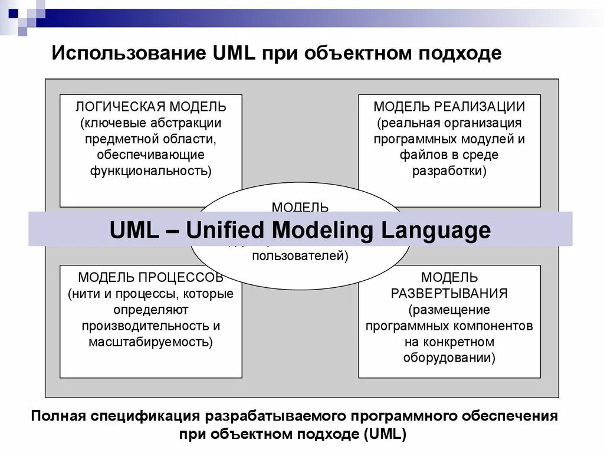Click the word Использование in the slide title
coord(127,54)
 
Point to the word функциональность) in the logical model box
coord(150,171)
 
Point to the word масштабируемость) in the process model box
coord(150,342)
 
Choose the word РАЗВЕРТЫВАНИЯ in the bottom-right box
coord(449,293)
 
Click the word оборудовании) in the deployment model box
coord(449,357)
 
